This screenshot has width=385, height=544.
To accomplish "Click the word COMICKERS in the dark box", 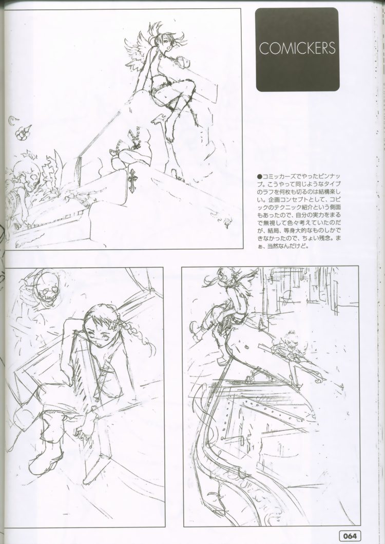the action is [x=297, y=48].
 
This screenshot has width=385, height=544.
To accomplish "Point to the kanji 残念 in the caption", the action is [x=322, y=238].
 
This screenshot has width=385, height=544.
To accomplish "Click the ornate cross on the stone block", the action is [x=132, y=180].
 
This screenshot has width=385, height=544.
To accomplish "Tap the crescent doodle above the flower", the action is [x=13, y=119].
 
